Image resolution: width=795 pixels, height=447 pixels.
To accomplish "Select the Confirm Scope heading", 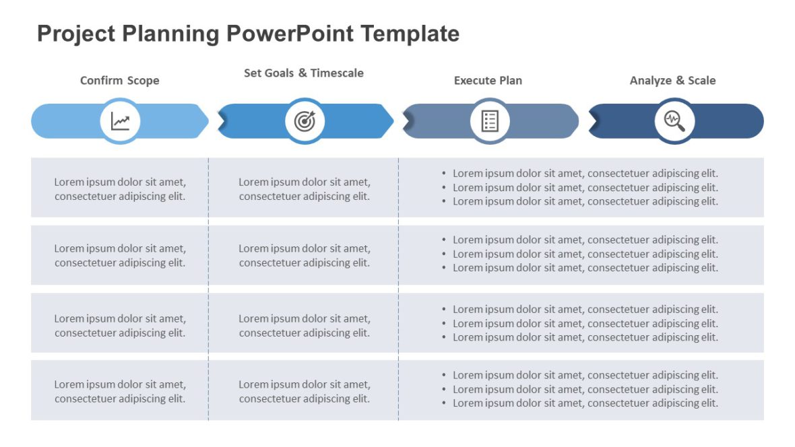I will click(120, 80).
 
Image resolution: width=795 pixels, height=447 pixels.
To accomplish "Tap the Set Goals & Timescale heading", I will click(304, 73).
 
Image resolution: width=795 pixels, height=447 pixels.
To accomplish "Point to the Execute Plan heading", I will click(488, 80).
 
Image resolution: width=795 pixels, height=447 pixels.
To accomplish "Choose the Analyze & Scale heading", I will click(672, 80).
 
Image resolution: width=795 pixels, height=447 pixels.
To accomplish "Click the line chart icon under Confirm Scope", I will click(121, 121).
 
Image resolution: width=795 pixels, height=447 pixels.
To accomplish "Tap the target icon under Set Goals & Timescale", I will click(305, 121).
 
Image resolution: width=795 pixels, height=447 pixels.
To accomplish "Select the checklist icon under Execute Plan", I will click(490, 121).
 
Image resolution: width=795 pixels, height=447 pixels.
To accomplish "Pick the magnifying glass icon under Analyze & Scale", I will click(674, 121).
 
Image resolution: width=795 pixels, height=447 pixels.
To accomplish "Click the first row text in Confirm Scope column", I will click(120, 188).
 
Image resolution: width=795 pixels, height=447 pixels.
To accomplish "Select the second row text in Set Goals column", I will click(305, 255).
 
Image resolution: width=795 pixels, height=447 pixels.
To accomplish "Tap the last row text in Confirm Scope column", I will click(120, 391).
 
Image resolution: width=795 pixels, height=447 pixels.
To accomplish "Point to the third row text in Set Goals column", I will click(305, 325).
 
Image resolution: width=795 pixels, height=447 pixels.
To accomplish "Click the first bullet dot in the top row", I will click(444, 174).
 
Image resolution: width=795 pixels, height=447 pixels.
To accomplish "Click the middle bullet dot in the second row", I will click(444, 254).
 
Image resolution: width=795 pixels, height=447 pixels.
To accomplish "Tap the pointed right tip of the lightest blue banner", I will click(206, 121).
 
